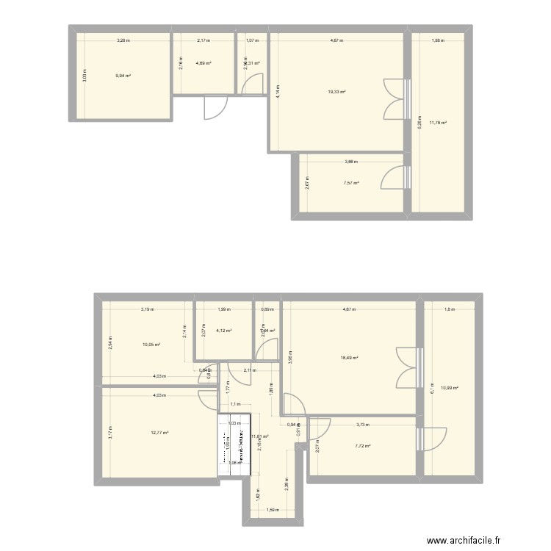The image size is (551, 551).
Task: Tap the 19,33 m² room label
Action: point(336,92)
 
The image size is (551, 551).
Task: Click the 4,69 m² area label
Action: point(204,63)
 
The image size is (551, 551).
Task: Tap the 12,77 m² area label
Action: point(159,433)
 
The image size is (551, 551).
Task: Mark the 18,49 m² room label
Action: point(349,358)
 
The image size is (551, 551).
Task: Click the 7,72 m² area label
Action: point(362,446)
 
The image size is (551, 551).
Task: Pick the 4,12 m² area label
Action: point(223,331)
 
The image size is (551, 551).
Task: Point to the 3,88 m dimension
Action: point(350,162)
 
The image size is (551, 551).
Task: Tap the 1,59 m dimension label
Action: point(273,510)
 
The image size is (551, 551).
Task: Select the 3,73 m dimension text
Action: point(363,425)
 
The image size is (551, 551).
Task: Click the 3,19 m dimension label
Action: point(148,309)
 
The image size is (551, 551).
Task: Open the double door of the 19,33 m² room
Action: point(396,98)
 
